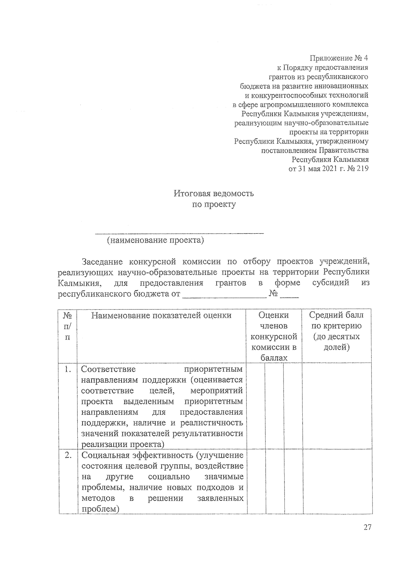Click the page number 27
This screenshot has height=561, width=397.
pos(367,527)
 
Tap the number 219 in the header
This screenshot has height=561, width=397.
pos(362,169)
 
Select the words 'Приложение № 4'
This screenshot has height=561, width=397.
pos(338,59)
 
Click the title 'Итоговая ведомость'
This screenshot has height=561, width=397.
pos(214,193)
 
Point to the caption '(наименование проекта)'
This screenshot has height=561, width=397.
pos(155,240)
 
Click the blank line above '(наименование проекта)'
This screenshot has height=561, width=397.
pos(179,233)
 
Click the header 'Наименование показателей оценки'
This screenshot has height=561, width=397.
pos(161,315)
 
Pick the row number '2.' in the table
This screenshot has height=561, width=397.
pos(68,455)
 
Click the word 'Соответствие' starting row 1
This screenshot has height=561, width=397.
pos(108,369)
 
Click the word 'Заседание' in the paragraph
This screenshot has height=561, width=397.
pos(102,262)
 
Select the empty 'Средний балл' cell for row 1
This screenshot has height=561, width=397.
pos(337,405)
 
